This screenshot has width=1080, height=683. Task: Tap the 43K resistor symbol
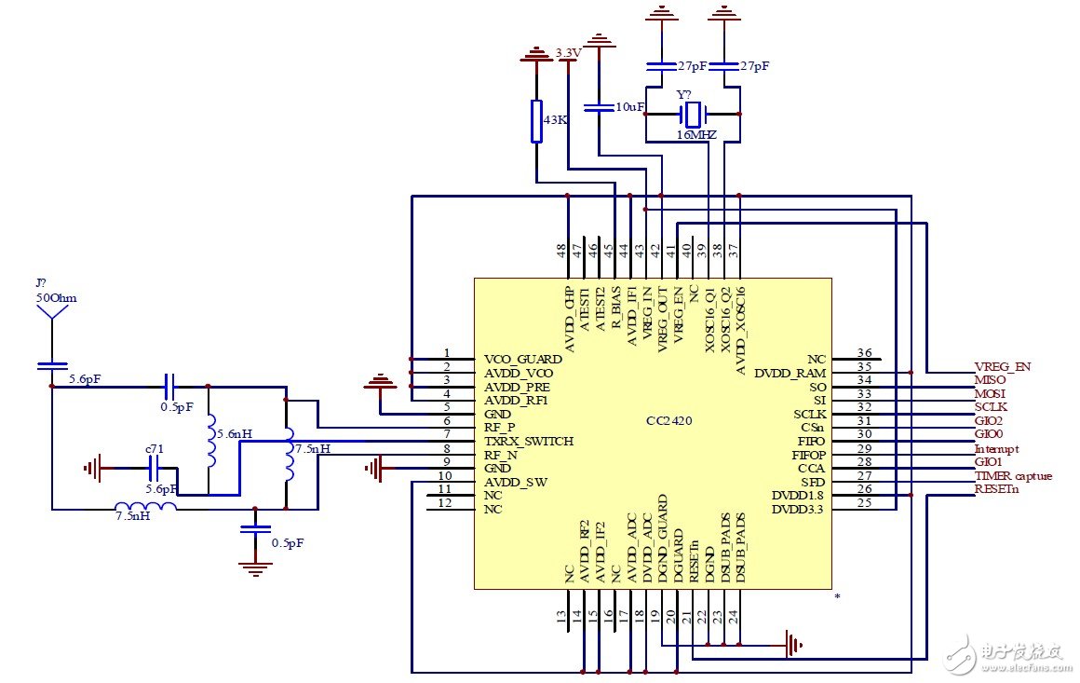[536, 121]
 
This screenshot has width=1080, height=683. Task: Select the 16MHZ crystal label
[696, 135]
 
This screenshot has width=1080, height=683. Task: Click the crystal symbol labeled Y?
[693, 115]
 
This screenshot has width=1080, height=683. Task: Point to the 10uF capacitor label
[630, 107]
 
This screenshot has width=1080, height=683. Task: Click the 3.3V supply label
[568, 52]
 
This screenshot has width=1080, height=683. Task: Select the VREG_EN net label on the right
[1002, 366]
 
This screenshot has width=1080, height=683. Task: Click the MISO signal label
[991, 380]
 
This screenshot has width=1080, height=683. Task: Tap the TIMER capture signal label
[1013, 476]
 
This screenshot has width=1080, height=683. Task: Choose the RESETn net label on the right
[995, 489]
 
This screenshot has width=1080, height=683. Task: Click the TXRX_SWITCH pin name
[529, 441]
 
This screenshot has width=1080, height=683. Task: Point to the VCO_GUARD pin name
[522, 359]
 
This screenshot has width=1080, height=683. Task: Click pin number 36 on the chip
[864, 353]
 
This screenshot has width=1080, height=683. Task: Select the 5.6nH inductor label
[232, 434]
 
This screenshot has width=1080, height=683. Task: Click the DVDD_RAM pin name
[790, 373]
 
